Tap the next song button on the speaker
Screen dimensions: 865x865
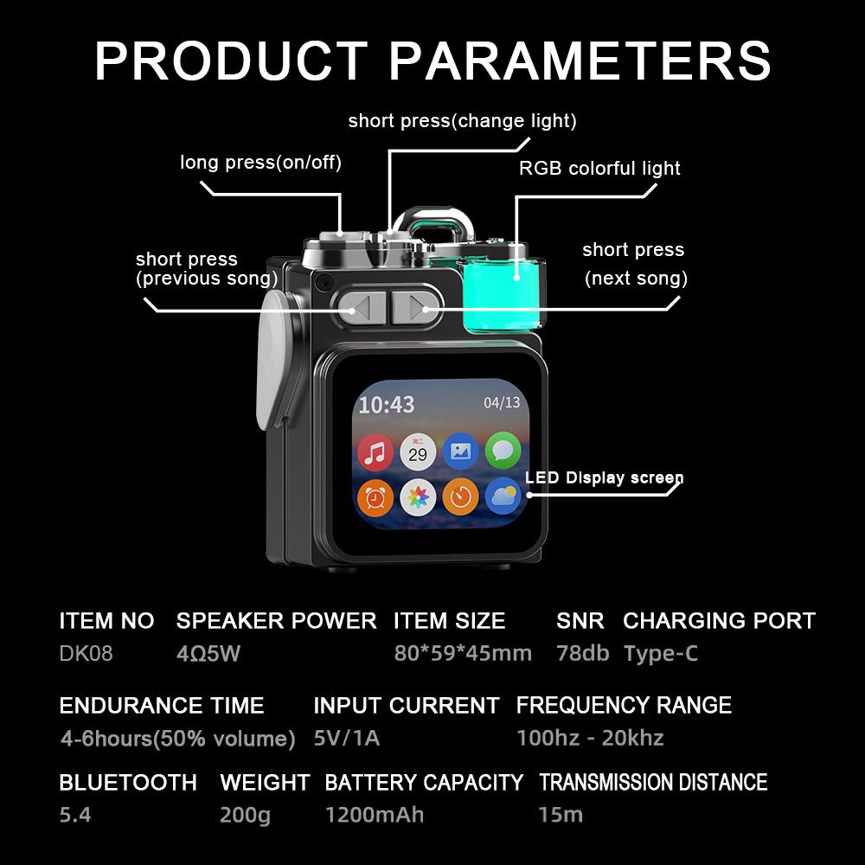point(413,305)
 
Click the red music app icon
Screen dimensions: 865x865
point(375,452)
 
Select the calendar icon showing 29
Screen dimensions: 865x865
point(418,452)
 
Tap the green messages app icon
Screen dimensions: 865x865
point(503,452)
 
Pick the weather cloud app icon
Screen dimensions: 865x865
point(503,497)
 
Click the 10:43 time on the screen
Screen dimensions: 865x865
point(387,404)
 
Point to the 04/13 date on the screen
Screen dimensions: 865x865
point(502,402)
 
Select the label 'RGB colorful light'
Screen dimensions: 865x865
point(599,168)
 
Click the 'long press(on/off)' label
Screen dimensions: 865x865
point(260,163)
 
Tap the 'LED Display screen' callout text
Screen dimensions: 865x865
point(604,478)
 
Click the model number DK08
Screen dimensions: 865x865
point(86,653)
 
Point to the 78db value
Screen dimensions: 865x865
point(582,653)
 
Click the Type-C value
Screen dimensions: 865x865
point(660,653)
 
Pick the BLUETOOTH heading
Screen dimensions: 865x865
point(128,783)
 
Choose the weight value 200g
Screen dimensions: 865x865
point(245,815)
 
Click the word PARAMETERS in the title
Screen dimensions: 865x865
point(580,61)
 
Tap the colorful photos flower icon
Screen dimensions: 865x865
point(418,497)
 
